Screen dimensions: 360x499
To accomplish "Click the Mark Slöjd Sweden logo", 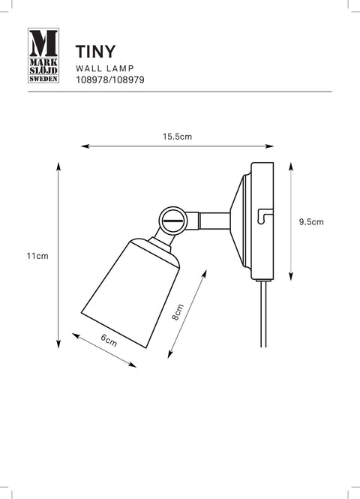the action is click(x=43, y=56).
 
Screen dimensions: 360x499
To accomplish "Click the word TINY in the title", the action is click(x=95, y=52).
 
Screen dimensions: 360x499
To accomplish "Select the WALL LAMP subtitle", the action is click(x=105, y=68).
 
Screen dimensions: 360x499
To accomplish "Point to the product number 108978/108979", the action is click(x=110, y=80).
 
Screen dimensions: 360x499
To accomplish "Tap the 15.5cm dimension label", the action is click(x=178, y=137).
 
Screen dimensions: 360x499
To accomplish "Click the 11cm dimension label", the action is click(x=37, y=256).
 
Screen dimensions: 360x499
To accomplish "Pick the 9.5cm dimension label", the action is click(x=311, y=222).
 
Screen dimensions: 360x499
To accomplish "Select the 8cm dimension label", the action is click(x=178, y=312).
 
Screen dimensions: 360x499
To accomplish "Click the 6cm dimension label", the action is click(x=109, y=340).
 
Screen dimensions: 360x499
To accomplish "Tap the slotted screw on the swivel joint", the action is click(x=172, y=221).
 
